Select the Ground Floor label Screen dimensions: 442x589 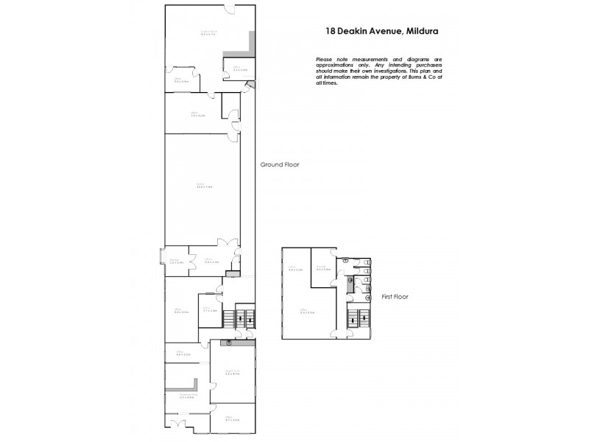click(280, 165)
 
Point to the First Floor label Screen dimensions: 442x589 click(395, 297)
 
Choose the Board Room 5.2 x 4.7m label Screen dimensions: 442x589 click(230, 373)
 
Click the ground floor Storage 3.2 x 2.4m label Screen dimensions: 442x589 click(176, 261)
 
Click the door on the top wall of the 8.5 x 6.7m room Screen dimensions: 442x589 click(230, 9)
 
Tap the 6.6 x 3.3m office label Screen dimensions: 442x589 click(182, 312)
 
